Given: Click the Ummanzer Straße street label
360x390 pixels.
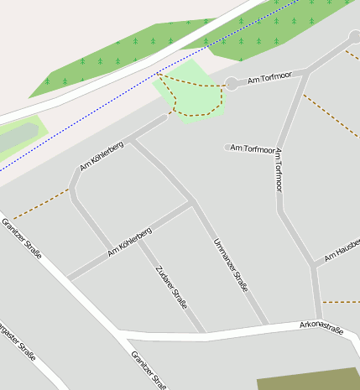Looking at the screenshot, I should tap(231, 265).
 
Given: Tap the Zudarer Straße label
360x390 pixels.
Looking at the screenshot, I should tap(171, 287).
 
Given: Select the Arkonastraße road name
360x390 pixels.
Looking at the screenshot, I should tap(321, 328).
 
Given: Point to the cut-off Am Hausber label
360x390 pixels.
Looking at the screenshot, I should tap(342, 252).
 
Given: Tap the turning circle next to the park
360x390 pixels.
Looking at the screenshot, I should tap(231, 84).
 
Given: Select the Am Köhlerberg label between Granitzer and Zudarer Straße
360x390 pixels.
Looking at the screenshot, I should tap(129, 241).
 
